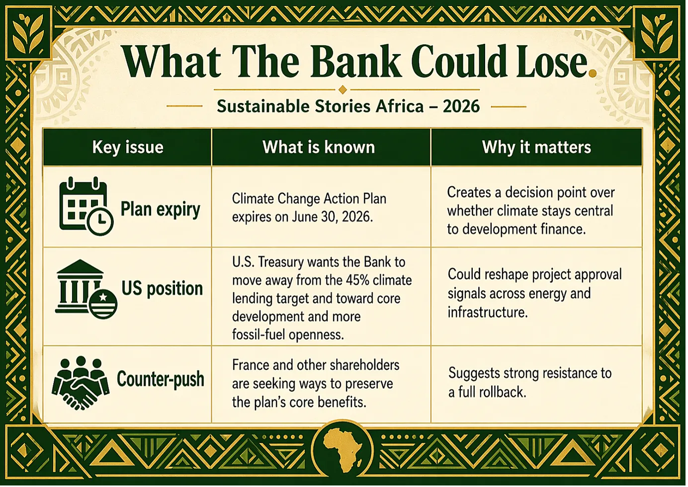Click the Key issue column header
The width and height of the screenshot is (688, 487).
(128, 147)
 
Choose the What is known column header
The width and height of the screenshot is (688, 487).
(319, 147)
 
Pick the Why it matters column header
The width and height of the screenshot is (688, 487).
(536, 147)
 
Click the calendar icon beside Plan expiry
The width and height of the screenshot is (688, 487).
(86, 206)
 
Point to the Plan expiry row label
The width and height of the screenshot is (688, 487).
(161, 210)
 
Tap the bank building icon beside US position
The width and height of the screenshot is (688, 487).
(86, 289)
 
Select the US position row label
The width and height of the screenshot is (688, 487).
(162, 289)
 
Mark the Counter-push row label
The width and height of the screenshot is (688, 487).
(161, 379)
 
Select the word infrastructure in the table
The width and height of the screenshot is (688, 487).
(488, 312)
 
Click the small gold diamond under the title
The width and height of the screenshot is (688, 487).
(343, 90)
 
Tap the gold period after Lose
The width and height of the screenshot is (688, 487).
(592, 73)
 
